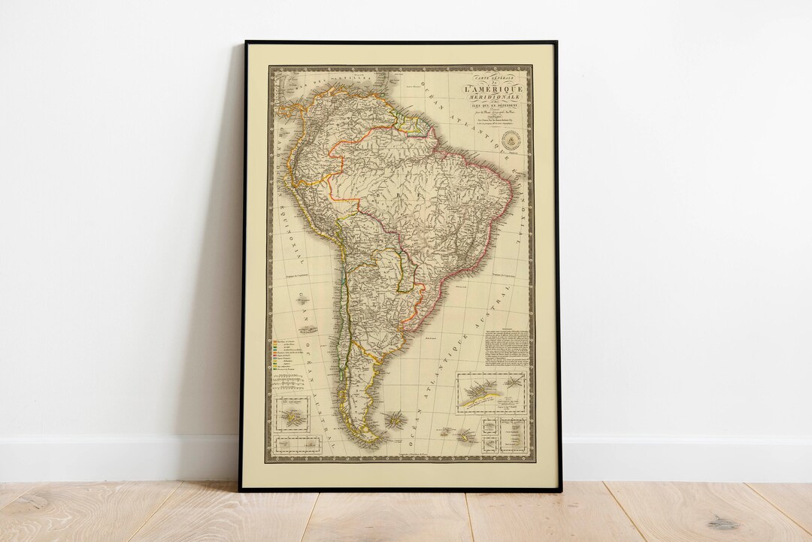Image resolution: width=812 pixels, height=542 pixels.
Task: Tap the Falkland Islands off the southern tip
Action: [394, 419]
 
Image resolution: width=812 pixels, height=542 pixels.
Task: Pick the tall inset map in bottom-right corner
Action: [514, 435]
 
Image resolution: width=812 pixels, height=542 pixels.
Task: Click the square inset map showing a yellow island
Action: [292, 416]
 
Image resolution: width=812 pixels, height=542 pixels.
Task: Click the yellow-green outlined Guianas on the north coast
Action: [414, 123]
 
